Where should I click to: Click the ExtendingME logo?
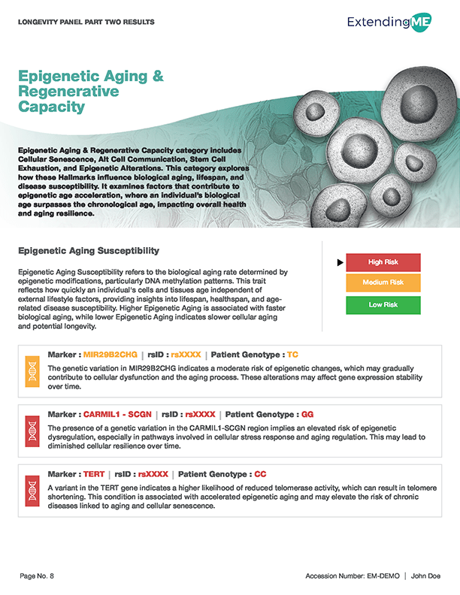393,23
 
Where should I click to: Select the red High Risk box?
383,262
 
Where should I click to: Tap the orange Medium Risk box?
383,283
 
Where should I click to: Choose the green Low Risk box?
383,305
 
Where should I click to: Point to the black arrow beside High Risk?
340,262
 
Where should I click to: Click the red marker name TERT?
95,474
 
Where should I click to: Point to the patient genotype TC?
292,353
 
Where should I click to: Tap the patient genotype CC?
260,474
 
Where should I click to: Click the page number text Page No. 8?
37,575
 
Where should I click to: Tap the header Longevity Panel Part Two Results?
85,22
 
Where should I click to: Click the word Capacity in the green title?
50,107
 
